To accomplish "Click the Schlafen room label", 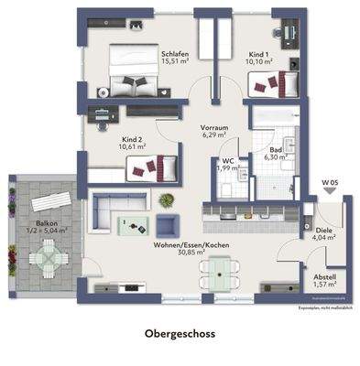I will tap(175, 55).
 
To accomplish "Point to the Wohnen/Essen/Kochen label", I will tap(191, 246).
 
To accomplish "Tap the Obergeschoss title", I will tap(180, 335).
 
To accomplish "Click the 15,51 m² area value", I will tap(175, 63).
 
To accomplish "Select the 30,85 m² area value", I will tap(191, 254).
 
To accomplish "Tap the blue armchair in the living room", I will tap(167, 226).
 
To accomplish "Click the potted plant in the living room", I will tap(166, 199).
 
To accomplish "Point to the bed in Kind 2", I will tap(150, 167).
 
